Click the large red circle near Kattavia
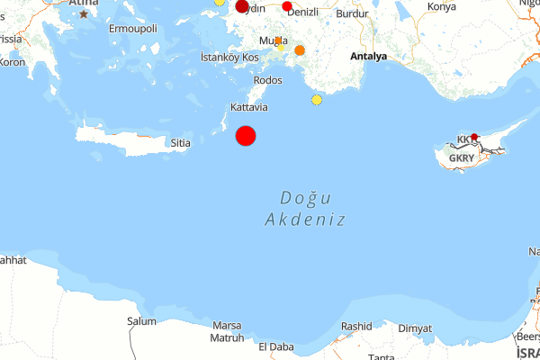pyautogui.click(x=246, y=135)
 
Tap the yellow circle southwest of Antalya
pyautogui.click(x=317, y=99)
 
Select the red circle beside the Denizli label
pyautogui.click(x=287, y=7)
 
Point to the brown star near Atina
pyautogui.click(x=85, y=13)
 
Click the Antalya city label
pyautogui.click(x=369, y=56)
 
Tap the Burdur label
pyautogui.click(x=351, y=13)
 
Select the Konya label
pyautogui.click(x=442, y=7)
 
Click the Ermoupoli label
pyautogui.click(x=132, y=29)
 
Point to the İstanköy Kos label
pyautogui.click(x=229, y=57)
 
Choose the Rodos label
pyautogui.click(x=268, y=80)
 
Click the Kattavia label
pyautogui.click(x=249, y=107)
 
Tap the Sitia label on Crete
pyautogui.click(x=181, y=142)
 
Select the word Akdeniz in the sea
pyautogui.click(x=306, y=219)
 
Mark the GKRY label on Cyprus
pyautogui.click(x=461, y=158)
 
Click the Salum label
pyautogui.click(x=141, y=321)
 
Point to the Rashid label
pyautogui.click(x=356, y=327)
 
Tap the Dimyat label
pyautogui.click(x=415, y=328)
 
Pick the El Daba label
pyautogui.click(x=275, y=346)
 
